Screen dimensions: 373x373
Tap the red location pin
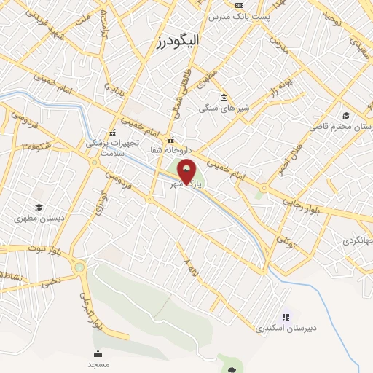click(187, 172)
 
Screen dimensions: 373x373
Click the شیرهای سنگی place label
click(224, 109)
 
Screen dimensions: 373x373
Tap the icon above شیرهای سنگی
click(224, 98)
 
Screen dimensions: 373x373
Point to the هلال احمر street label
click(288, 155)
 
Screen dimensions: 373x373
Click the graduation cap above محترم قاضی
click(346, 115)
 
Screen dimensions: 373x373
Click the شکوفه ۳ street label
click(35, 146)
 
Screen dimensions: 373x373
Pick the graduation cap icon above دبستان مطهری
click(37, 206)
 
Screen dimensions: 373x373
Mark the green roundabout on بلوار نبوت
click(79, 267)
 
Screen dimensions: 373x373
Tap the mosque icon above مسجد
click(98, 353)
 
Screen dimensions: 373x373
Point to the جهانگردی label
click(357, 240)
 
